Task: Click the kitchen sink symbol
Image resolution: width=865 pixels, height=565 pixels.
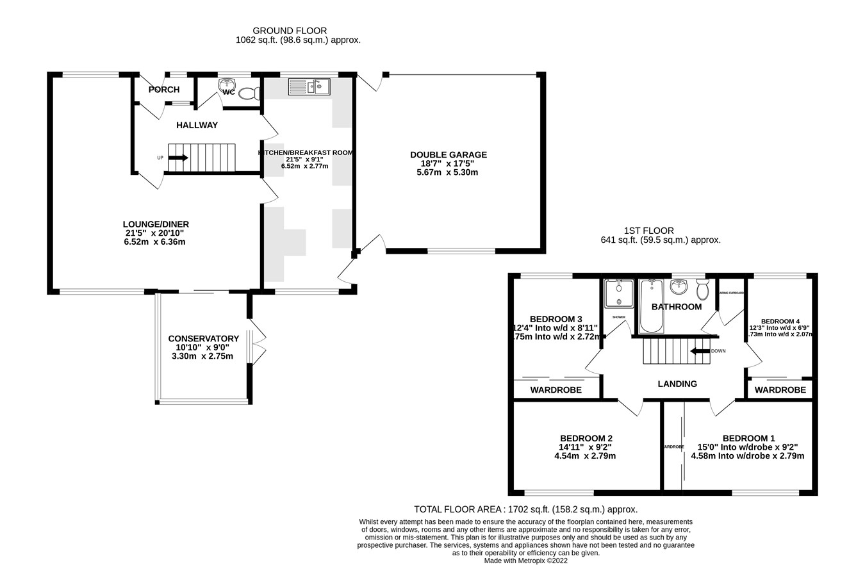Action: point(309,86)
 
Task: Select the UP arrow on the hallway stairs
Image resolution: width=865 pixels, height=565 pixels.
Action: point(179,158)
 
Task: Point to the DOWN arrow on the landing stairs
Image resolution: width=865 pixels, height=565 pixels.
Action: point(700,351)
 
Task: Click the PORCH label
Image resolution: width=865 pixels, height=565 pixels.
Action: point(164,90)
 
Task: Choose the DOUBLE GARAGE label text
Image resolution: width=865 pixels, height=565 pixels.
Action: point(449,155)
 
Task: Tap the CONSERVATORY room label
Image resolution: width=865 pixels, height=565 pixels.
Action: point(203,338)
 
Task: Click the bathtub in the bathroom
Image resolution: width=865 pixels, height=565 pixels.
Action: point(651,306)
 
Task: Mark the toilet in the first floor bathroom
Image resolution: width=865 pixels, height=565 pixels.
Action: point(702,290)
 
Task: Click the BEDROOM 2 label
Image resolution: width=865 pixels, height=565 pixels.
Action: point(586,438)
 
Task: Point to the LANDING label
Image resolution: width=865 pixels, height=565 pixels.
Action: point(677,384)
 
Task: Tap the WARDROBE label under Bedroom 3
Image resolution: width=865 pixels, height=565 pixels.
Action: point(556,390)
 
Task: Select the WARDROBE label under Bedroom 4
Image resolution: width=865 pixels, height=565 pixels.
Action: point(780,390)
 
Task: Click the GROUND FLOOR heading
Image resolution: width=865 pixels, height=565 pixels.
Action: point(290,31)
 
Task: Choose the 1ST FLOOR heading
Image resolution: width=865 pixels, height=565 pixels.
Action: point(648,231)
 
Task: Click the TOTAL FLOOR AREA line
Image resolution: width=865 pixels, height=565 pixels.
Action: point(525,509)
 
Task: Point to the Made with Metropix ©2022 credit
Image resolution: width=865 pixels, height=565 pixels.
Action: point(525,561)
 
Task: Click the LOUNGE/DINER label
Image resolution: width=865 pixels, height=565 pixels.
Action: point(156,224)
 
